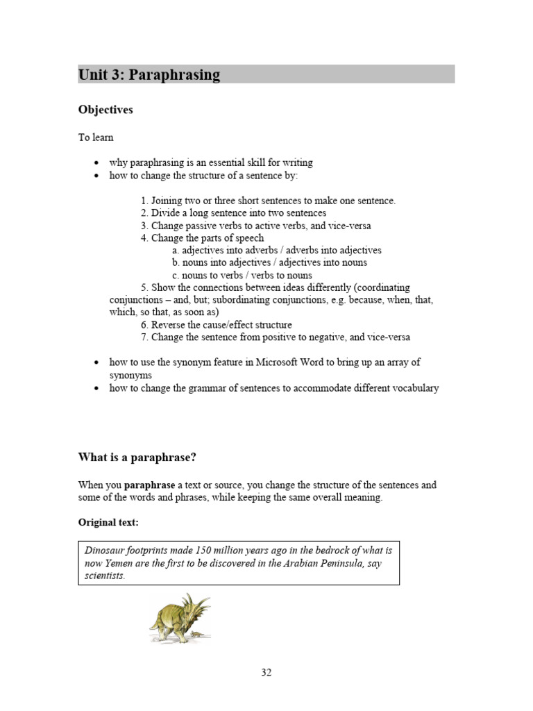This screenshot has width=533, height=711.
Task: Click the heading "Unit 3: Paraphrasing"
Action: tap(149, 75)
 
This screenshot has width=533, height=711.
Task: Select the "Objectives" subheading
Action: tap(105, 110)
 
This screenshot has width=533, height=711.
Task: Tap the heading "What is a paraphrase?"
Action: tap(143, 458)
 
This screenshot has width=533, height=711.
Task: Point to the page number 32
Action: tap(266, 672)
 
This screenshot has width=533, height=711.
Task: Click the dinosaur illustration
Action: tap(179, 619)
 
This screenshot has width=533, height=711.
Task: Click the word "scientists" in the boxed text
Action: tap(104, 576)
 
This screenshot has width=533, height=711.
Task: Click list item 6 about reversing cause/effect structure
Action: tap(216, 325)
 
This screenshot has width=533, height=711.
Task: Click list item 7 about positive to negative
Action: tap(275, 337)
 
